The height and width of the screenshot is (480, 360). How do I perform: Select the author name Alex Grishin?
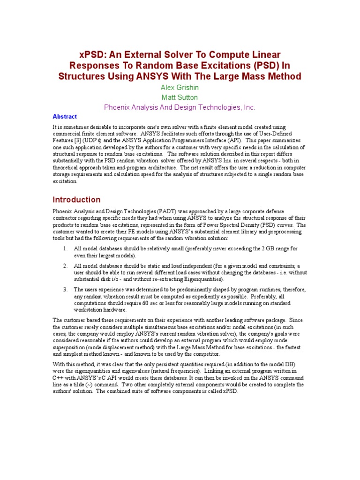(x=180, y=87)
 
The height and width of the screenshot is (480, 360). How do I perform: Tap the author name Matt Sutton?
(x=180, y=97)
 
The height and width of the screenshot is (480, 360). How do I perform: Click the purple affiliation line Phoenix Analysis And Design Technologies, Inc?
(x=180, y=107)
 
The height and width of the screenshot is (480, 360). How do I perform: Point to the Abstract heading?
(x=65, y=117)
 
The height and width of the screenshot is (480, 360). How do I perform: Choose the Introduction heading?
(x=76, y=200)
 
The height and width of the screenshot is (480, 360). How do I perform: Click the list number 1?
(x=65, y=248)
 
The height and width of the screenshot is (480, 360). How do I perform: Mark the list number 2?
(x=65, y=266)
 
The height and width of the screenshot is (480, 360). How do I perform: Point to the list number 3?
(x=65, y=290)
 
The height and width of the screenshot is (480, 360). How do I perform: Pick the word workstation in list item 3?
(x=89, y=309)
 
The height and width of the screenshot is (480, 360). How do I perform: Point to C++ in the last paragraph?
(x=58, y=378)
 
